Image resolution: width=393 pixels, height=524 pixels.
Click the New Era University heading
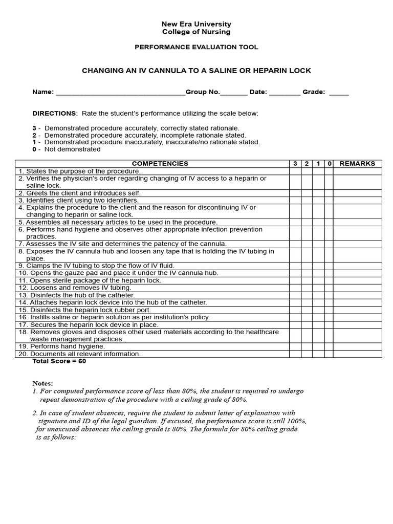point(196,24)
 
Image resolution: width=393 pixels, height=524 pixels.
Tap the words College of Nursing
point(196,32)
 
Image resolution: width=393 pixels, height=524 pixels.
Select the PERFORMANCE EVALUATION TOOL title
point(196,47)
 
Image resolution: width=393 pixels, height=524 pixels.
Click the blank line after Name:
point(120,93)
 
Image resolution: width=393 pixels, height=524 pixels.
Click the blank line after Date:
point(285,93)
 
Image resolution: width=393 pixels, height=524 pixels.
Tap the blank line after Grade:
point(339,93)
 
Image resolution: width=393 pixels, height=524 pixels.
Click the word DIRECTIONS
point(54,113)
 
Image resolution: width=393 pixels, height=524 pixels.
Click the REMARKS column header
point(357,164)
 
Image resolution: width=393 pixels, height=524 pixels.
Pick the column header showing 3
point(295,164)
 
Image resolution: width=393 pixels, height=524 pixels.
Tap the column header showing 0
point(330,164)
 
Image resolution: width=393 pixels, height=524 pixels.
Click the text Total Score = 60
point(59,361)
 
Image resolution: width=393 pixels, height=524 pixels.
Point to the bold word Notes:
point(42,383)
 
